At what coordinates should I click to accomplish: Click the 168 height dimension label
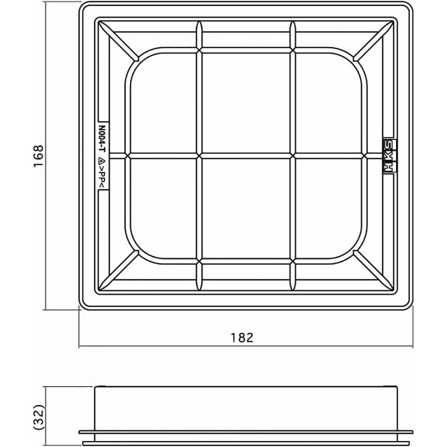point(38,156)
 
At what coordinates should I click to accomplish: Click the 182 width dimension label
point(242,337)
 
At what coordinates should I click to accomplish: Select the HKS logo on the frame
point(389,156)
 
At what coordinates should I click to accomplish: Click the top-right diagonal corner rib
point(374,41)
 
